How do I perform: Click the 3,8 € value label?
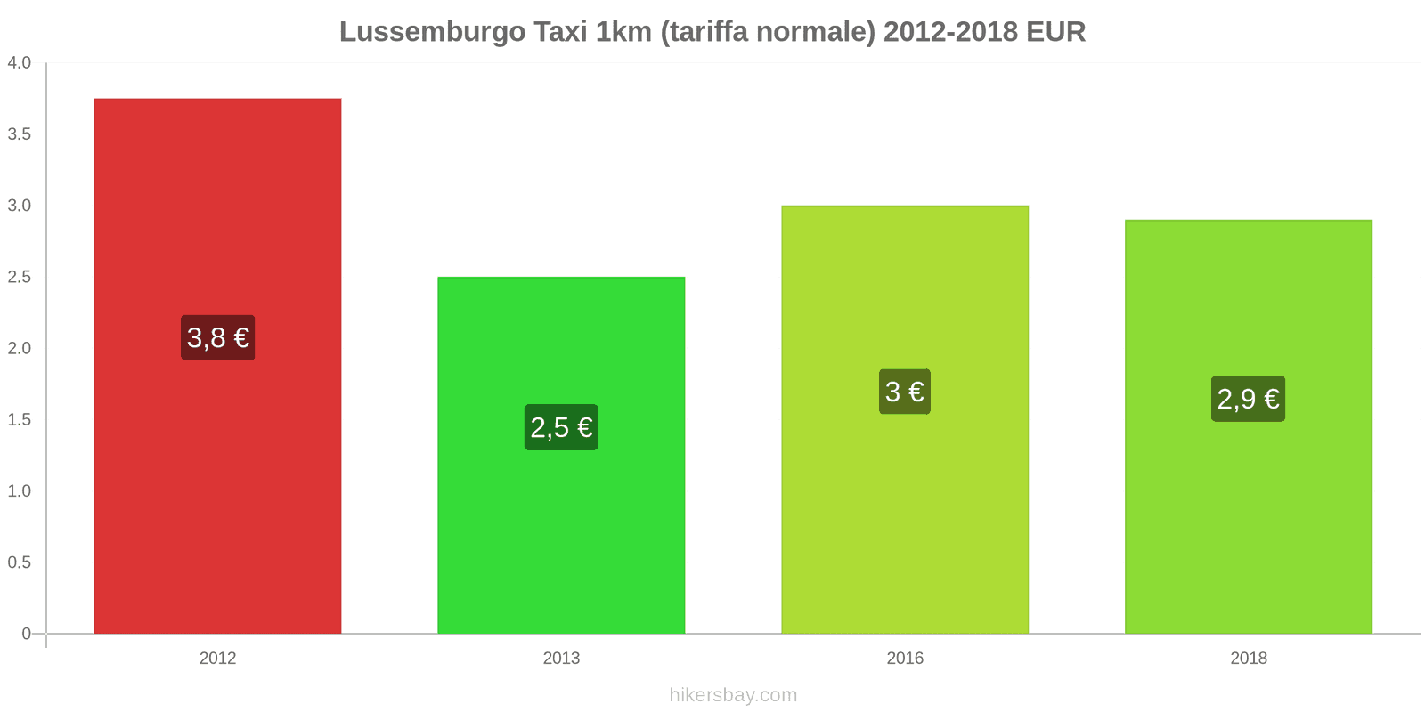217,338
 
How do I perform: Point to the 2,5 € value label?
561,427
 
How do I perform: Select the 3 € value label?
905,392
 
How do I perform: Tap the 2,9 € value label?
1248,399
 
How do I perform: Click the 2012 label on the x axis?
217,659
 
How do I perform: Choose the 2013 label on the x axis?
561,659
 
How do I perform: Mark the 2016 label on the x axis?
905,659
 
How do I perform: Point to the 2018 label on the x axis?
1248,659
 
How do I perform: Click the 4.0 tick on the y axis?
20,63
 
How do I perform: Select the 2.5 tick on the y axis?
20,277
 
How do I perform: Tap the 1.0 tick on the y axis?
20,491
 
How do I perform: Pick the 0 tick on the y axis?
26,634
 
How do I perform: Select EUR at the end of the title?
1055,32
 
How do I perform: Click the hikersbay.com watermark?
733,695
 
